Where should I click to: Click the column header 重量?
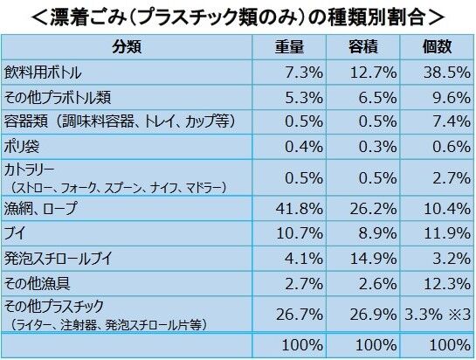tap(289, 47)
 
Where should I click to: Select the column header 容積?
tap(363, 47)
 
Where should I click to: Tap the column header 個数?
tap(438, 47)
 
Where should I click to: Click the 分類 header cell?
tap(127, 47)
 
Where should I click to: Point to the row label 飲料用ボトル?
tap(43, 73)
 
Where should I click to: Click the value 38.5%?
tap(447, 73)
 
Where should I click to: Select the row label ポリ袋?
tap(22, 147)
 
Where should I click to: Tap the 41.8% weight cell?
tap(300, 209)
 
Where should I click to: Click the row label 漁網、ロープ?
tap(41, 209)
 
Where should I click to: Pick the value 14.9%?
tap(374, 259)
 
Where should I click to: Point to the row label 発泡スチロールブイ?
tap(58, 259)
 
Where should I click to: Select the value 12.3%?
tap(447, 284)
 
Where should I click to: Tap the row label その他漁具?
tap(37, 284)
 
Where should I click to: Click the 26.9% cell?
tap(374, 315)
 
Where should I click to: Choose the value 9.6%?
tap(452, 98)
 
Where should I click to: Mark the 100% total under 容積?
tap(376, 345)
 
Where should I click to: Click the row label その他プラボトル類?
tap(58, 98)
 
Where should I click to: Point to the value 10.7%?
tap(300, 233)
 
